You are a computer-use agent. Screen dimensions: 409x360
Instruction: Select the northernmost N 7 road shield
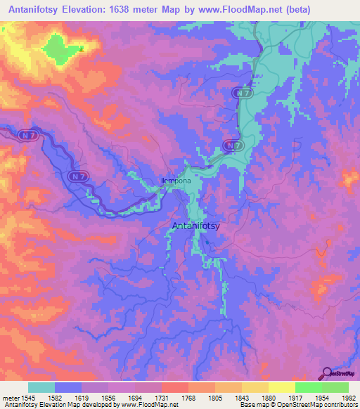click(x=243, y=93)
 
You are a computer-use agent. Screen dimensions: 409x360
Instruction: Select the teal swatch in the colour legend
click(x=41, y=387)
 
